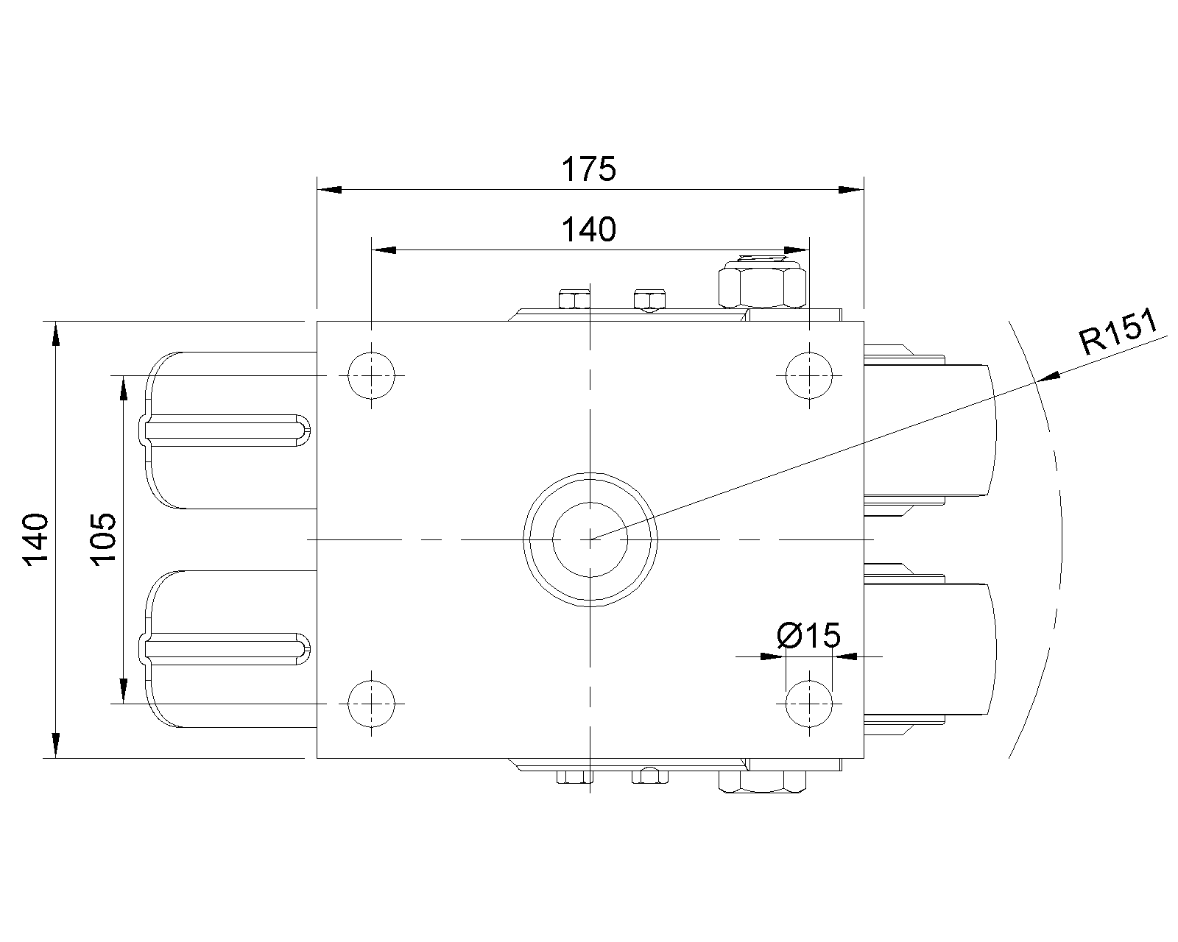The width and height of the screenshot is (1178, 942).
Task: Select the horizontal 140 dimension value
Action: click(589, 230)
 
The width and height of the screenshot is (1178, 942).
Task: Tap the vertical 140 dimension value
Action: click(35, 539)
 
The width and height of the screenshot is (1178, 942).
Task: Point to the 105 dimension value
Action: click(103, 539)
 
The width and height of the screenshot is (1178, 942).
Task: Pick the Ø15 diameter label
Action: click(808, 635)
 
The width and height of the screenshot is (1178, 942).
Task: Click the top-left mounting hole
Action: click(371, 375)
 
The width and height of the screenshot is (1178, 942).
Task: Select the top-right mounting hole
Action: click(809, 375)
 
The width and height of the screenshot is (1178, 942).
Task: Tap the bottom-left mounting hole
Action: click(371, 704)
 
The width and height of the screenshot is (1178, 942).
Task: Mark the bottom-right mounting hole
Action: click(809, 704)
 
